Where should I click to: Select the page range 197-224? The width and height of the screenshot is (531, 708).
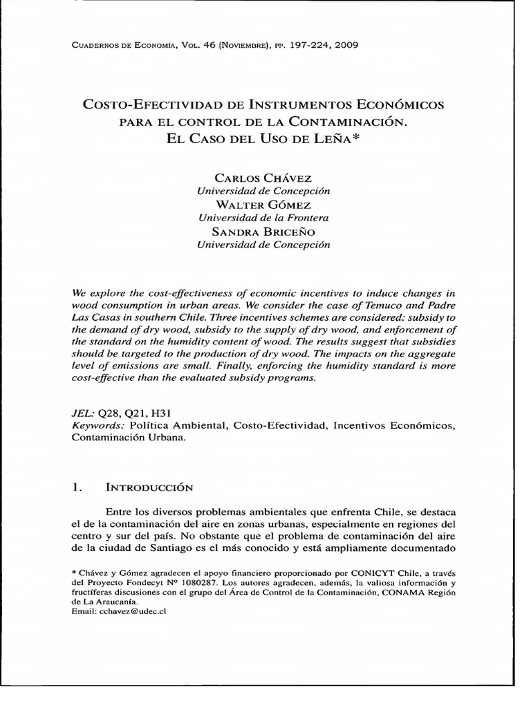(297, 46)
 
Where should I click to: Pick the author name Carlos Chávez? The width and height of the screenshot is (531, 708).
(263, 178)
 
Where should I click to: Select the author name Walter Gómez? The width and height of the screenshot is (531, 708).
(263, 205)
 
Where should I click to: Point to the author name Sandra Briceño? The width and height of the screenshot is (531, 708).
(263, 231)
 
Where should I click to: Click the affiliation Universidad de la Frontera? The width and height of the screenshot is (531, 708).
(263, 218)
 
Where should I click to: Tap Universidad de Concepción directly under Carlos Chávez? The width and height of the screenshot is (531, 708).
(263, 192)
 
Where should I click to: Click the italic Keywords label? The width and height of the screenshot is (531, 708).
(96, 424)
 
